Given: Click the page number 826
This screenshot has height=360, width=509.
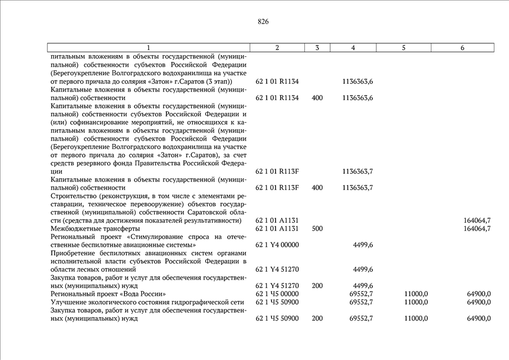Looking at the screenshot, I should click(263, 22).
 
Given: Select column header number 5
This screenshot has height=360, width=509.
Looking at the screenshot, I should click(404, 48).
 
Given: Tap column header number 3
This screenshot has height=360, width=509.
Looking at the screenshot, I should click(317, 48).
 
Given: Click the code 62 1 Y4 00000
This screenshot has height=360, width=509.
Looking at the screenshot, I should click(277, 245).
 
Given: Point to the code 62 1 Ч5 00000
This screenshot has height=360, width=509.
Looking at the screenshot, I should click(277, 294).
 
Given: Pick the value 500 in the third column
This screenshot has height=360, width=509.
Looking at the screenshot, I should click(317, 228).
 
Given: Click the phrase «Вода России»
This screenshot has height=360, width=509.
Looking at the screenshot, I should click(145, 294).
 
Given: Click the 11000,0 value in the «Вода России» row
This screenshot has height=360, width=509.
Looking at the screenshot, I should click(416, 294).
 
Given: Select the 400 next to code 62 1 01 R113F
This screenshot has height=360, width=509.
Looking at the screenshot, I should click(317, 187).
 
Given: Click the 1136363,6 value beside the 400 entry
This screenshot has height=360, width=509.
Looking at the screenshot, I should click(358, 98).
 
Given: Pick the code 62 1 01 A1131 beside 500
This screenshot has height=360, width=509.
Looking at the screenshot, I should click(277, 228).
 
